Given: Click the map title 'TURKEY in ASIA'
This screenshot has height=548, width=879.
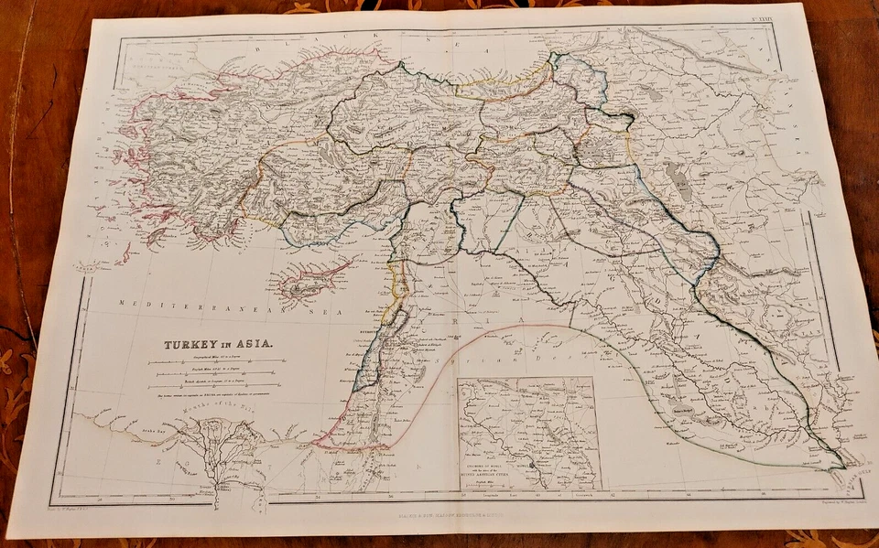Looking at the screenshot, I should [217, 346].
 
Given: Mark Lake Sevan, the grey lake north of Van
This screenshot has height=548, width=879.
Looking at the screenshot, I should [652, 92].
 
